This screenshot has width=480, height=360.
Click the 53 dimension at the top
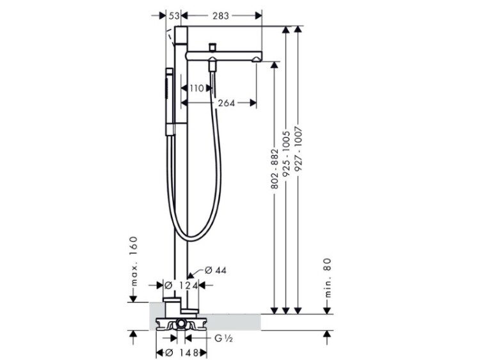pyautogui.click(x=174, y=15)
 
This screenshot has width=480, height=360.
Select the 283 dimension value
pyautogui.click(x=221, y=15)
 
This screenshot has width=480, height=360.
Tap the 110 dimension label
pyautogui.click(x=196, y=88)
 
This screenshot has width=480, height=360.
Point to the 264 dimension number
pyautogui.click(x=227, y=103)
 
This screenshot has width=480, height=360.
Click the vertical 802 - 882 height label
pyautogui.click(x=275, y=169)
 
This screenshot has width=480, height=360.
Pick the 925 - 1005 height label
pyautogui.click(x=286, y=154)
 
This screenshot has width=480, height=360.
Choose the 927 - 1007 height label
pyautogui.click(x=298, y=149)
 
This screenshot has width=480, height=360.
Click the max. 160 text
pyautogui.click(x=134, y=262)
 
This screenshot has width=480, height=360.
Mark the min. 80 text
pyautogui.click(x=328, y=278)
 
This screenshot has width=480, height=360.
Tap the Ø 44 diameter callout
pyautogui.click(x=216, y=270)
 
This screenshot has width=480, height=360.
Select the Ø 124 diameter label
pyautogui.click(x=181, y=285)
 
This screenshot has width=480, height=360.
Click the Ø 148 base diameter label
pyautogui.click(x=182, y=353)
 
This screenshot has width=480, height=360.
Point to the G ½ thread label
pyautogui.click(x=222, y=338)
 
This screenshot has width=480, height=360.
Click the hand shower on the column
pyautogui.click(x=170, y=102)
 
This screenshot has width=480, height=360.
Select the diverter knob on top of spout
pyautogui.click(x=212, y=47)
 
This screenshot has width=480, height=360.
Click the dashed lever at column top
pyautogui.click(x=170, y=38)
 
